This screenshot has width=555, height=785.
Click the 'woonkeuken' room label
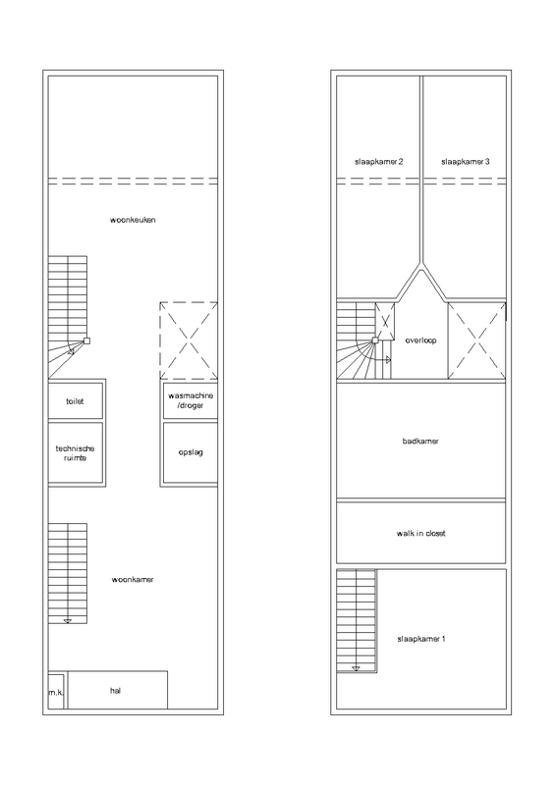click(x=134, y=220)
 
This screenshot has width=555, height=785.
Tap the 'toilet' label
click(x=76, y=401)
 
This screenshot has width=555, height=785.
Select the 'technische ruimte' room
click(x=76, y=452)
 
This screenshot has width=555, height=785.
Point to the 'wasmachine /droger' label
click(x=191, y=400)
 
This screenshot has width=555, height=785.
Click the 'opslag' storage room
click(x=191, y=452)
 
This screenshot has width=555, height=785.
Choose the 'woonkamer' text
click(x=134, y=579)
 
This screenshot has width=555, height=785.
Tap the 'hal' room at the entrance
click(x=116, y=690)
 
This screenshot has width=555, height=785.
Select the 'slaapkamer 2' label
click(x=379, y=162)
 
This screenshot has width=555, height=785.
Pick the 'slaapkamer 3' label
click(x=465, y=162)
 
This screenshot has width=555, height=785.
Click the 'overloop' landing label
click(x=420, y=340)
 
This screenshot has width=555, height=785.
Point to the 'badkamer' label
click(x=420, y=442)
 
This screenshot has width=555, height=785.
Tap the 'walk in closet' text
click(x=420, y=533)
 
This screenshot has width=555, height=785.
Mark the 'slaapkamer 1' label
click(x=420, y=639)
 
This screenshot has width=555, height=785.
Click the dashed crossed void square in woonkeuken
click(x=190, y=340)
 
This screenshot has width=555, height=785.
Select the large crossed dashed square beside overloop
click(x=476, y=340)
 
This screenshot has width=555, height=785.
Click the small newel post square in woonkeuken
click(x=87, y=340)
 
